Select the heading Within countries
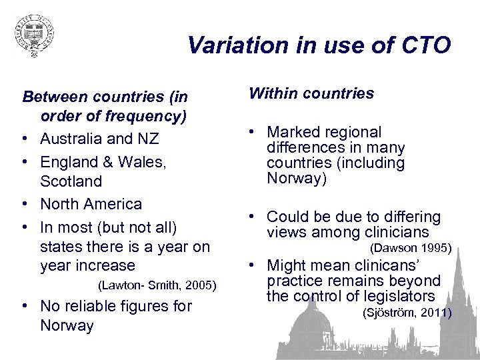coord(311,93)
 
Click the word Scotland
coord(71,181)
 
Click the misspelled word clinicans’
coord(402,265)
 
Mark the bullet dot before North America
coord(25,204)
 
